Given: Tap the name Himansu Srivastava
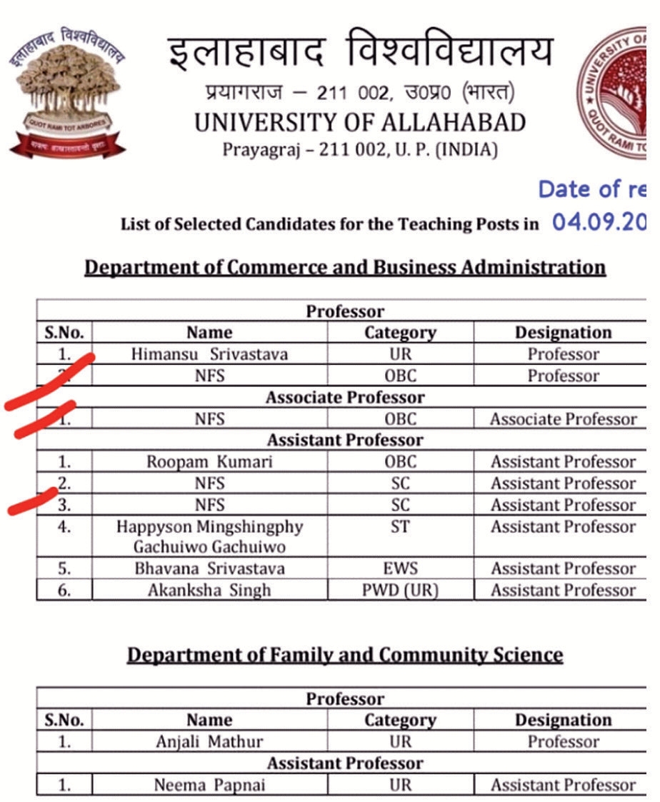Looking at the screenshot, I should [209, 354].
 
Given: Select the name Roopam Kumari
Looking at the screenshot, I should [209, 461].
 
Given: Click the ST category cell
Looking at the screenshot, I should [400, 526].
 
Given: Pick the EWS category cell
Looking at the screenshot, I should [400, 568].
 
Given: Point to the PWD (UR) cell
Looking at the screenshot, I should [400, 590].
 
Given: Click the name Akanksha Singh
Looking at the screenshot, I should [209, 590].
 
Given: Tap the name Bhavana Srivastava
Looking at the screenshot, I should [209, 568].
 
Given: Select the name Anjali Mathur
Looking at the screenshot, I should [209, 741].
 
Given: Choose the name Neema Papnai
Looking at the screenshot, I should [209, 785].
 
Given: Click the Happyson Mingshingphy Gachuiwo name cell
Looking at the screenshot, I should [209, 536].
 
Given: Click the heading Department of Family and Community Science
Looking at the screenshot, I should [345, 655].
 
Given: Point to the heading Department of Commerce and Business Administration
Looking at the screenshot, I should [345, 267].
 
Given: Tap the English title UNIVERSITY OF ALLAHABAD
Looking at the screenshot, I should [360, 123].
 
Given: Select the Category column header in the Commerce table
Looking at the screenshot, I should [400, 333].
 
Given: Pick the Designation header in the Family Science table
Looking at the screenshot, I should [563, 720].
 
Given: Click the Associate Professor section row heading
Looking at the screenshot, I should [345, 397].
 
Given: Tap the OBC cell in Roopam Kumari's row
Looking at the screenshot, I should [400, 461].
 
